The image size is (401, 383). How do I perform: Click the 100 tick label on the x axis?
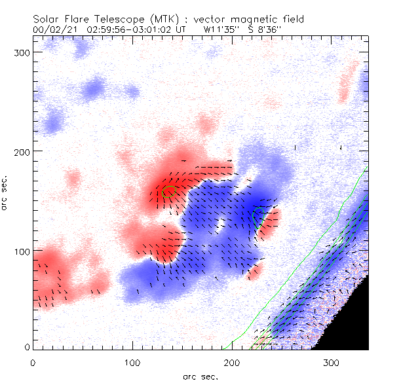click(132, 361)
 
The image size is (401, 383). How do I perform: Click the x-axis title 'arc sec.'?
click(200, 376)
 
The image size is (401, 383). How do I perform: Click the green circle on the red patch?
click(170, 191)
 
